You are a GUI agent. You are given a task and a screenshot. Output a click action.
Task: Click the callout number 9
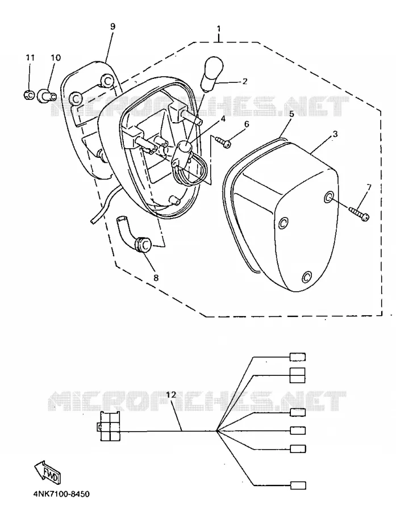pyautogui.click(x=112, y=26)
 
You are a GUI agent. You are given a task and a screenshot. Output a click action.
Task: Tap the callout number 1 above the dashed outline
pyautogui.click(x=219, y=29)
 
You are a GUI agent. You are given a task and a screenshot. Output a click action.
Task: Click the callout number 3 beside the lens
pyautogui.click(x=335, y=134)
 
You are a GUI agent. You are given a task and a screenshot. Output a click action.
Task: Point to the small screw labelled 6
pyautogui.click(x=223, y=142)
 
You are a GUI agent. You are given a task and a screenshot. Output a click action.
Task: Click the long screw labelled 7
pyautogui.click(x=359, y=213)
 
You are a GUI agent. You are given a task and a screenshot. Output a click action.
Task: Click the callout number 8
pyautogui.click(x=156, y=277)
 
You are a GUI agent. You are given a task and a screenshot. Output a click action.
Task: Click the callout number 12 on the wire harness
pyautogui.click(x=171, y=395)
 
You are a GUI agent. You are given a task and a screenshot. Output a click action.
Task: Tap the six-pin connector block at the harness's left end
pyautogui.click(x=109, y=426)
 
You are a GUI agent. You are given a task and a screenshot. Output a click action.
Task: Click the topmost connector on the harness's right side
pyautogui.click(x=298, y=357)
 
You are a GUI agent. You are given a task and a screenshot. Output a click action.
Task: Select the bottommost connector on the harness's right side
pyautogui.click(x=298, y=485)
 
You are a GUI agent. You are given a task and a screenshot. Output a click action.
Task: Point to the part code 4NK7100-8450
pyautogui.click(x=61, y=495)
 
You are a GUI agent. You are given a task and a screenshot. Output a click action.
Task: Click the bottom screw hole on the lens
pyautogui.click(x=306, y=277)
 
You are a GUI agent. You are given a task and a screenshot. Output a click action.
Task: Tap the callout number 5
pyautogui.click(x=291, y=114)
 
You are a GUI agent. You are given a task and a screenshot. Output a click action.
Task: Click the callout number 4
pyautogui.click(x=223, y=119)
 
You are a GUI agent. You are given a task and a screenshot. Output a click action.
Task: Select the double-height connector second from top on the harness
pyautogui.click(x=298, y=375)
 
